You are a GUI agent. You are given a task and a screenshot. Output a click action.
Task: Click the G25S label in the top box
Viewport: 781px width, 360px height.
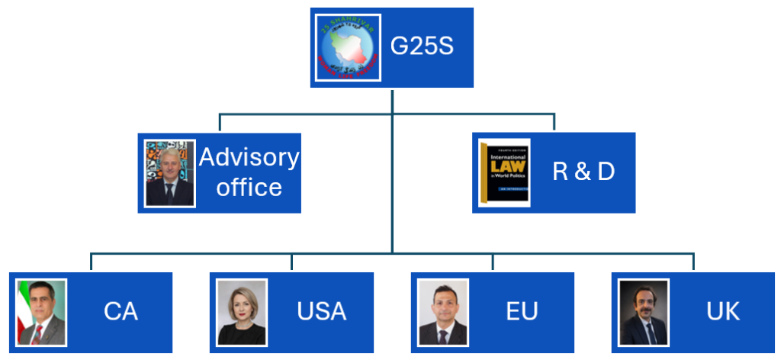coord(422,47)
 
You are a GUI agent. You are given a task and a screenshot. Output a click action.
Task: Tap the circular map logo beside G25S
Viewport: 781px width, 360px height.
coord(349,47)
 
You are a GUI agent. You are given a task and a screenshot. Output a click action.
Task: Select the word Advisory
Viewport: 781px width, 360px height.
coord(249,157)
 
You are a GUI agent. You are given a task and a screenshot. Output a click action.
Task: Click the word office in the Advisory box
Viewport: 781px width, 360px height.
coord(249,187)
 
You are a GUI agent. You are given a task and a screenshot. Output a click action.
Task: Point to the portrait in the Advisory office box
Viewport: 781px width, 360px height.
coord(170,173)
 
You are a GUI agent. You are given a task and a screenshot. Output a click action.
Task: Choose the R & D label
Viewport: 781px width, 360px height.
coord(583,172)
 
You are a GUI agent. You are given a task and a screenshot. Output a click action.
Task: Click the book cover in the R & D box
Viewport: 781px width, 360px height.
coord(504,172)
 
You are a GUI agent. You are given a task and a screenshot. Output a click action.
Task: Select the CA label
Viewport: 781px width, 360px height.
coord(121,311)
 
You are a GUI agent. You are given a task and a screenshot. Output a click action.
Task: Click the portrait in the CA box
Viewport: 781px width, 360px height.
coord(42,313)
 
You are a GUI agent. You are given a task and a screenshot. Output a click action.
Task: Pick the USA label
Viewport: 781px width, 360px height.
coord(321,311)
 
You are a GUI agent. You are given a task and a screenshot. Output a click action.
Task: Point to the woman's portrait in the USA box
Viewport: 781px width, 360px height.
coord(242,313)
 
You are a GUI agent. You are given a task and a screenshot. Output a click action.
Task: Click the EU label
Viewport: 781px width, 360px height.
coord(522,311)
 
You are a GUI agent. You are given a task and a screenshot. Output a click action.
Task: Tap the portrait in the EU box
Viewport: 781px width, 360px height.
coord(443,313)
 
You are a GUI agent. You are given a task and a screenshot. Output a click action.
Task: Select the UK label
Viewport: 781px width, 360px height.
coord(722,311)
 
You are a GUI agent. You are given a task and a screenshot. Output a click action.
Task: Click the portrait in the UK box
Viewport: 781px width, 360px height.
coord(644,313)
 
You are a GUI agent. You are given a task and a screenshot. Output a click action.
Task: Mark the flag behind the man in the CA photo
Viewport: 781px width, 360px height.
coord(23,309)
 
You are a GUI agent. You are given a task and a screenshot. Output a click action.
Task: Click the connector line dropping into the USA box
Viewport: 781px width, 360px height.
coord(291,262)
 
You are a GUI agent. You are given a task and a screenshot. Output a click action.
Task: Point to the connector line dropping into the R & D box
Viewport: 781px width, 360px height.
coord(554,123)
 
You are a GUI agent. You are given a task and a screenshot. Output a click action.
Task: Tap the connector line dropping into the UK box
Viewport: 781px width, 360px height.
coord(693,262)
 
